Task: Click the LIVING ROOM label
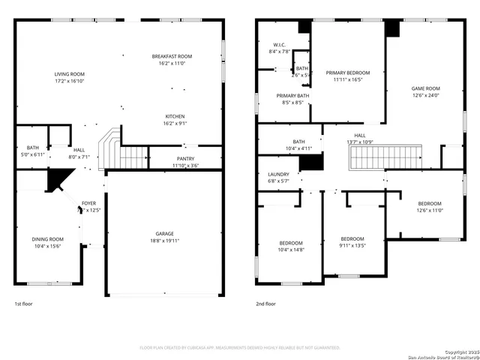click(69, 73)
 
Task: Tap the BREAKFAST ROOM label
click(172, 56)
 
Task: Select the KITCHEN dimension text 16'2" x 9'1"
click(175, 124)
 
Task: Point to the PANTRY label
click(185, 158)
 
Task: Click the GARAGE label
click(165, 234)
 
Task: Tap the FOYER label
click(88, 203)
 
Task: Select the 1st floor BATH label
click(32, 148)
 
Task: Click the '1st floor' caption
click(24, 304)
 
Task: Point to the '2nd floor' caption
click(265, 304)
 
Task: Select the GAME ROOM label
click(425, 88)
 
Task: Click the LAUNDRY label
click(278, 174)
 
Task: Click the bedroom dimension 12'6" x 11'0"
click(430, 211)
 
